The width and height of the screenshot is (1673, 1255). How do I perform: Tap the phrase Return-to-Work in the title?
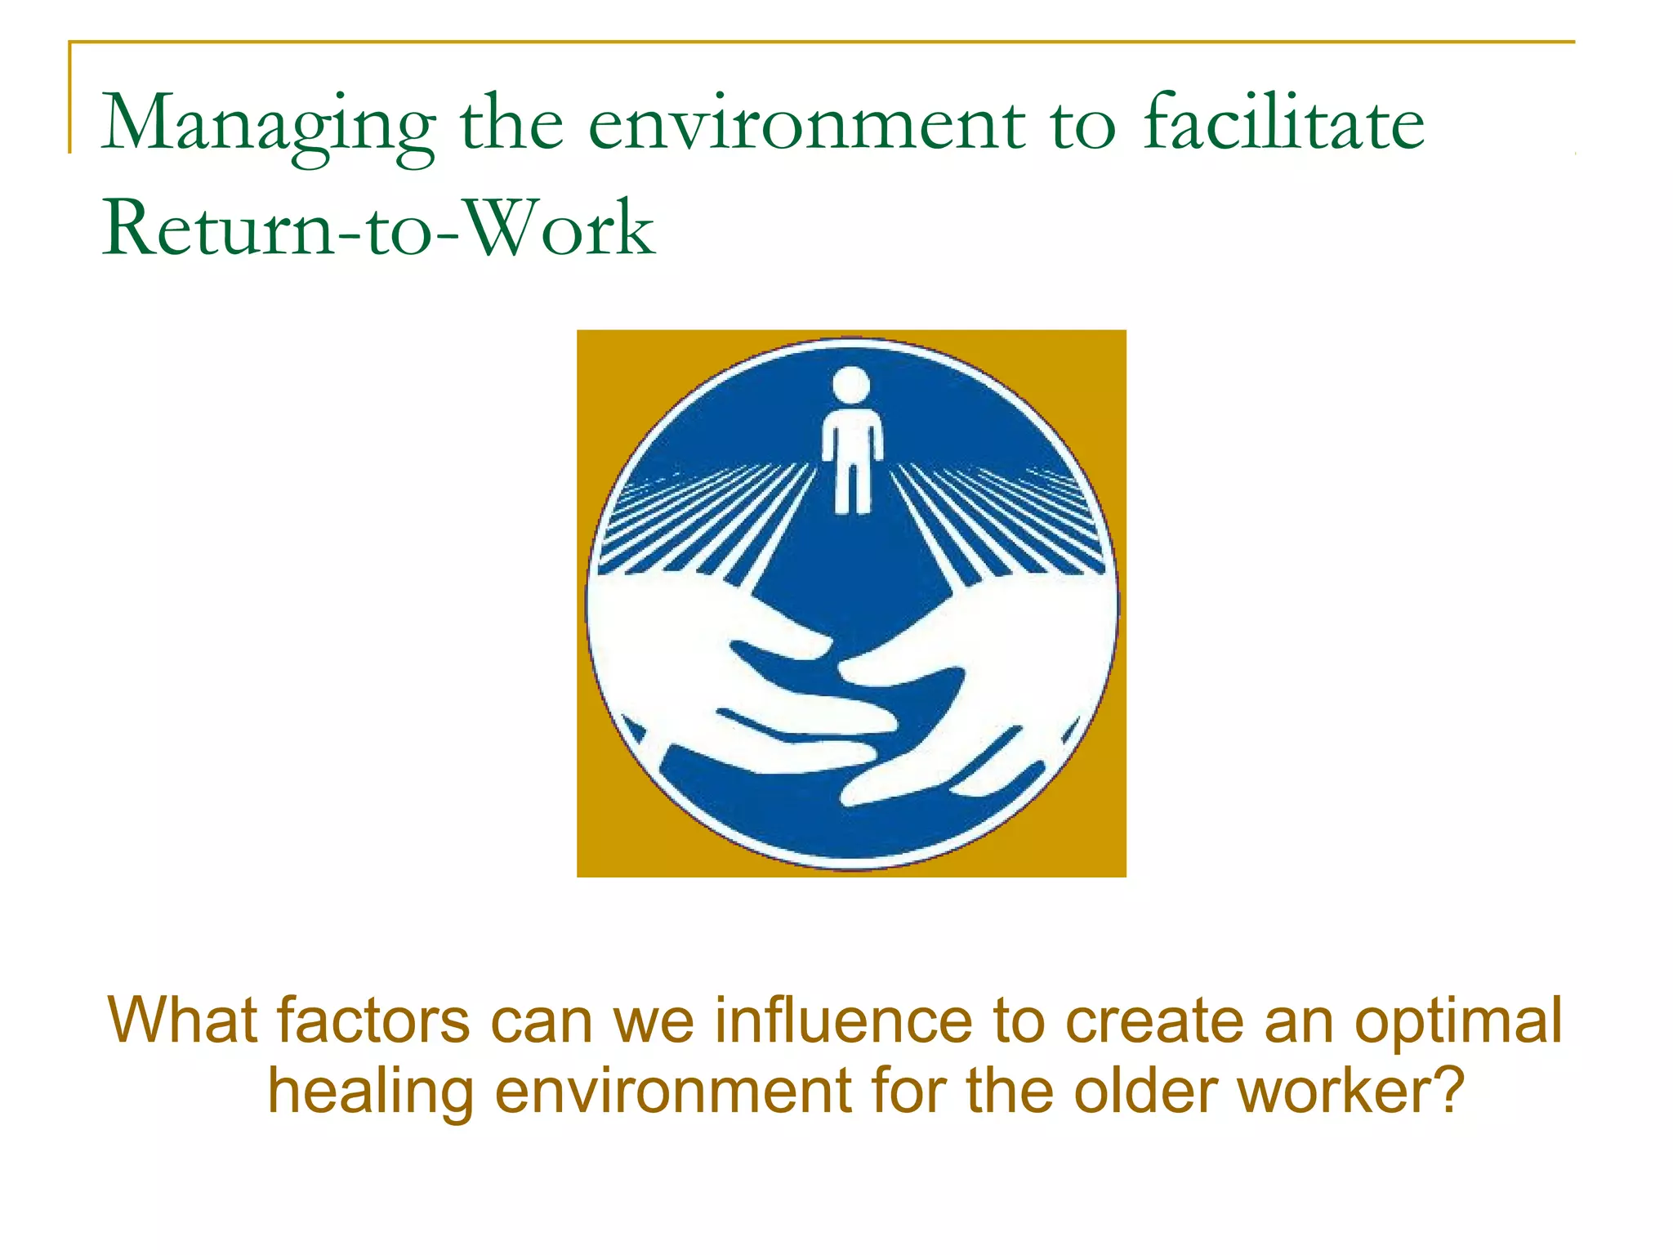[x=378, y=229]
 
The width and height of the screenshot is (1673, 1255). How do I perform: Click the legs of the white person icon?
[x=851, y=486]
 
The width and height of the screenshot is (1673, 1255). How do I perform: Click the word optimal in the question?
[x=1458, y=1021]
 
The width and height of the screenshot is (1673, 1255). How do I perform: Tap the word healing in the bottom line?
[x=371, y=1092]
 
